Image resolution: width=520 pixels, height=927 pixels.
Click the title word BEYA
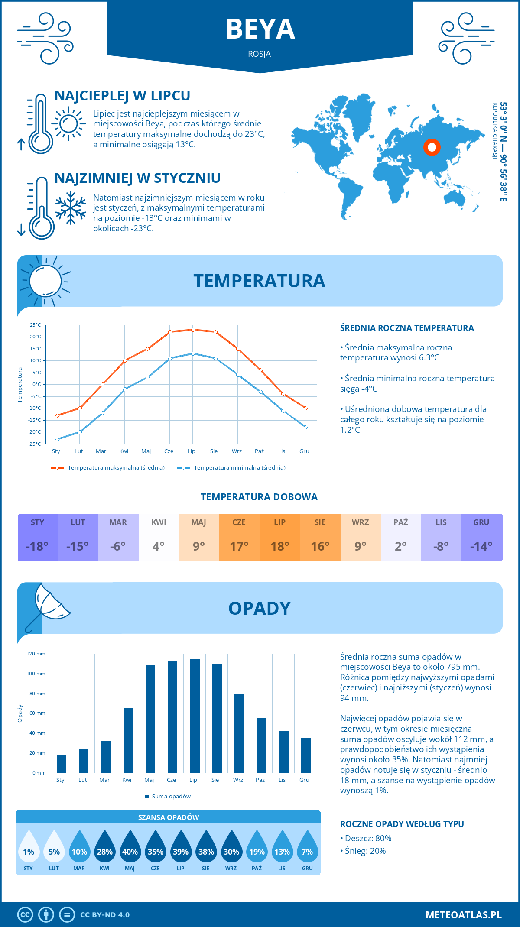click(260, 29)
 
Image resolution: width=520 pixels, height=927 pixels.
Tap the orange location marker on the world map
click(432, 147)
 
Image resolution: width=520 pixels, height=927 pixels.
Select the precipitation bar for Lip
click(195, 716)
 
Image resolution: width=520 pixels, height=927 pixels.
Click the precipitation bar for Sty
click(62, 764)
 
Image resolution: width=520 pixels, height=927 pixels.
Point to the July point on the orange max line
click(193, 330)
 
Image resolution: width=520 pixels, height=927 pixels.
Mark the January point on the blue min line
click(57, 439)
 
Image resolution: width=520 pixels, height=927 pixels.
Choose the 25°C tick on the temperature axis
click(36, 325)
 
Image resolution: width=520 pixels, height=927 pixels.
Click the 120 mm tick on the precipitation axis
click(36, 654)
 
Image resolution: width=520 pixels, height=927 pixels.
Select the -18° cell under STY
click(37, 546)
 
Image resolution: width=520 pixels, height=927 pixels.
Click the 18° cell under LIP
click(279, 546)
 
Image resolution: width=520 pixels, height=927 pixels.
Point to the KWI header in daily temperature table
click(159, 522)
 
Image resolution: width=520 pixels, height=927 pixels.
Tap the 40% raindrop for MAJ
click(130, 852)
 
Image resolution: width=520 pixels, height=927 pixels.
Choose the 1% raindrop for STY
click(29, 852)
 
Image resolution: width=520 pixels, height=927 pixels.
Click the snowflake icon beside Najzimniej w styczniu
click(71, 207)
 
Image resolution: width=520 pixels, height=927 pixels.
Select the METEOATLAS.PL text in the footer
click(464, 915)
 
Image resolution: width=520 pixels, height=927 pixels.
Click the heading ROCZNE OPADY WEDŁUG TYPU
click(402, 824)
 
